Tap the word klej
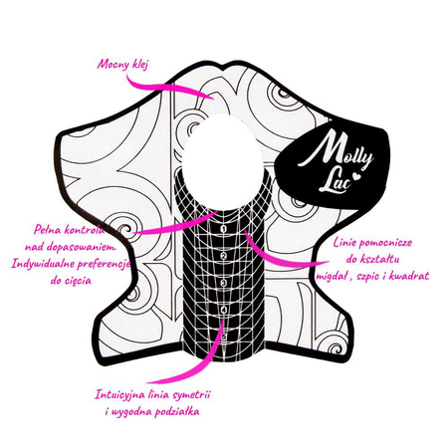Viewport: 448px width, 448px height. pos(139,64)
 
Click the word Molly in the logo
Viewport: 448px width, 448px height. pos(336,150)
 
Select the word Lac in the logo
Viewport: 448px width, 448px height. pos(335,181)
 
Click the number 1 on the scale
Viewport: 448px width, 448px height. pos(224,229)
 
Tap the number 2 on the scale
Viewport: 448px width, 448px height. pos(224,256)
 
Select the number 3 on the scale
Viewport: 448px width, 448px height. pos(224,283)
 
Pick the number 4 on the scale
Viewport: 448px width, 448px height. pos(224,310)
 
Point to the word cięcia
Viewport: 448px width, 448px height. pos(76,281)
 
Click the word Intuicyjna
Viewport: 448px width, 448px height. pos(119,395)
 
